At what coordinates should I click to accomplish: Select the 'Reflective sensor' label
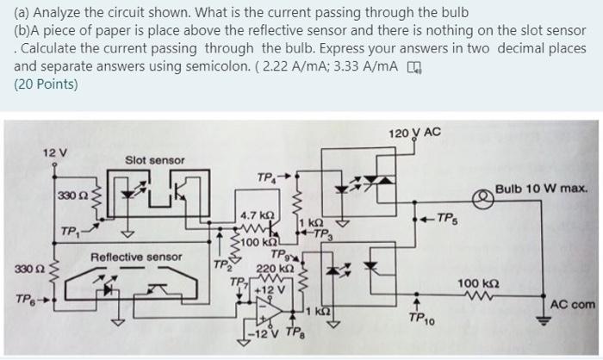(136, 257)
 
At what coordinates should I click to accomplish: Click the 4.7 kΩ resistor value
(257, 214)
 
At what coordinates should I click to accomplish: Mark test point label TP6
(24, 300)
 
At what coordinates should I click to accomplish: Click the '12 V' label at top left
(54, 152)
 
